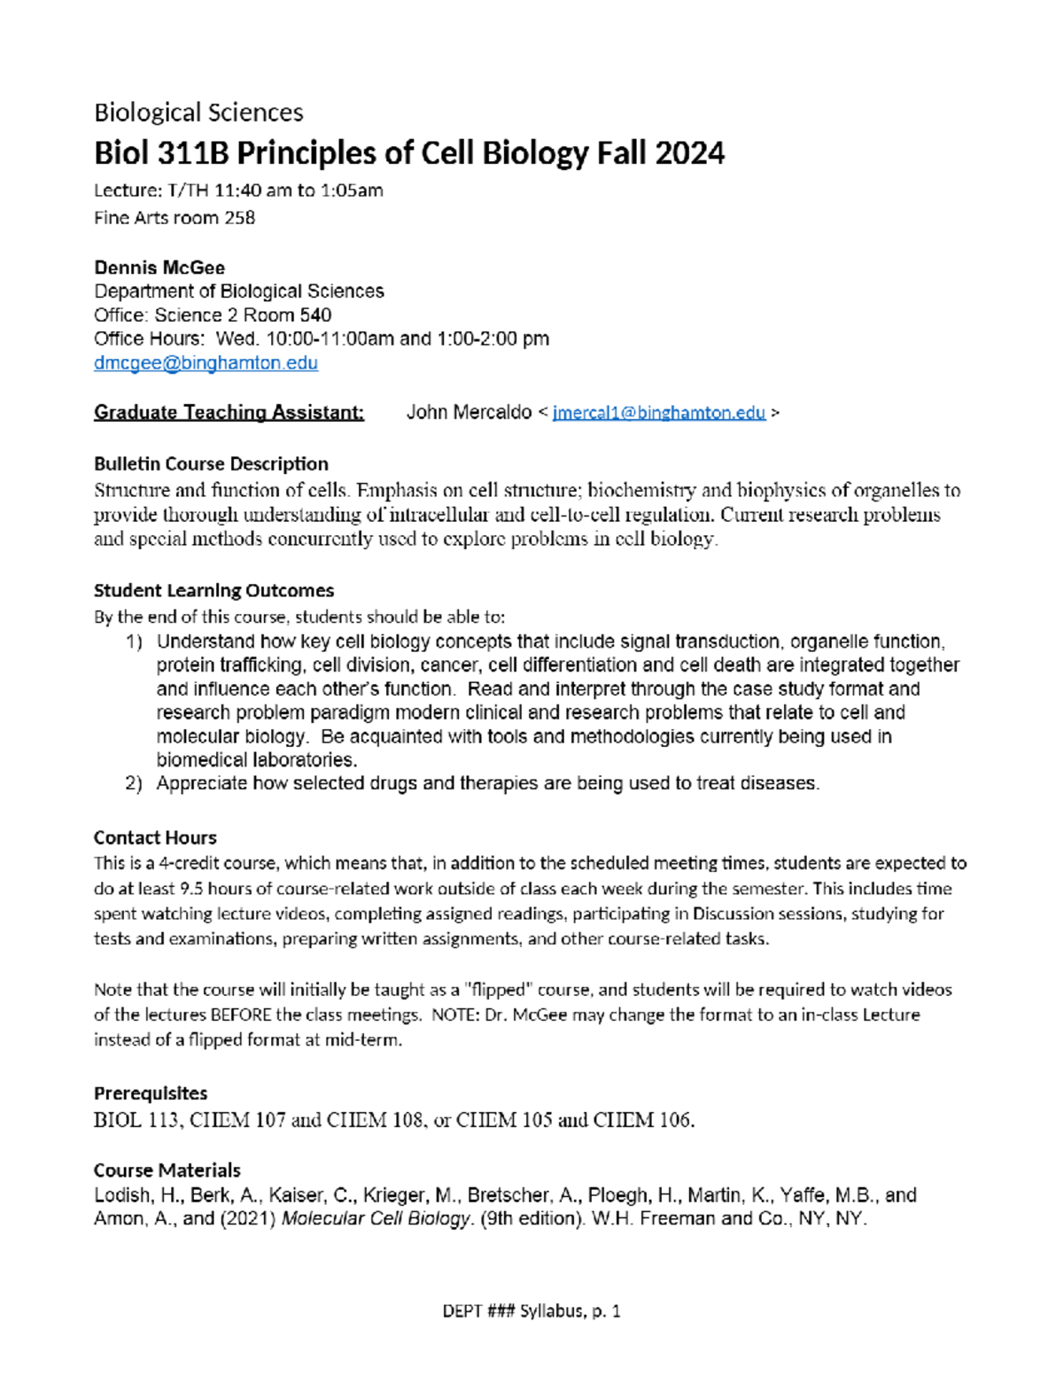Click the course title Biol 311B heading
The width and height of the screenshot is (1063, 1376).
408,153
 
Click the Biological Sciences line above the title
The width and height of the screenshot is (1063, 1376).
198,113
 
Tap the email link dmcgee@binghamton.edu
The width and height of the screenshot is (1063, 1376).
206,363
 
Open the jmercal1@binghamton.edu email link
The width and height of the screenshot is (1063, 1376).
658,413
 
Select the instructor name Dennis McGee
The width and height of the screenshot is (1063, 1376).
159,268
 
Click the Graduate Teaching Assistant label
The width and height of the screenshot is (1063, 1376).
229,413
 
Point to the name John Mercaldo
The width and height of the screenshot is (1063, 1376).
469,413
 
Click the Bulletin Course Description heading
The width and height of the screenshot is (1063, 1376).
211,464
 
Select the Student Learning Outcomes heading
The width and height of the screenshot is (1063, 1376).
213,591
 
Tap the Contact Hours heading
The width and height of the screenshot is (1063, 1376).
155,838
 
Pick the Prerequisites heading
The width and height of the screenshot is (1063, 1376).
151,1093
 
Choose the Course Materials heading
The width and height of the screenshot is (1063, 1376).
167,1170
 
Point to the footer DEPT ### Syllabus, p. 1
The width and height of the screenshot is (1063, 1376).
531,1311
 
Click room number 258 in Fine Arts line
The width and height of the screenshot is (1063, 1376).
239,218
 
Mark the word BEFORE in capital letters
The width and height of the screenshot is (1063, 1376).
241,1015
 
